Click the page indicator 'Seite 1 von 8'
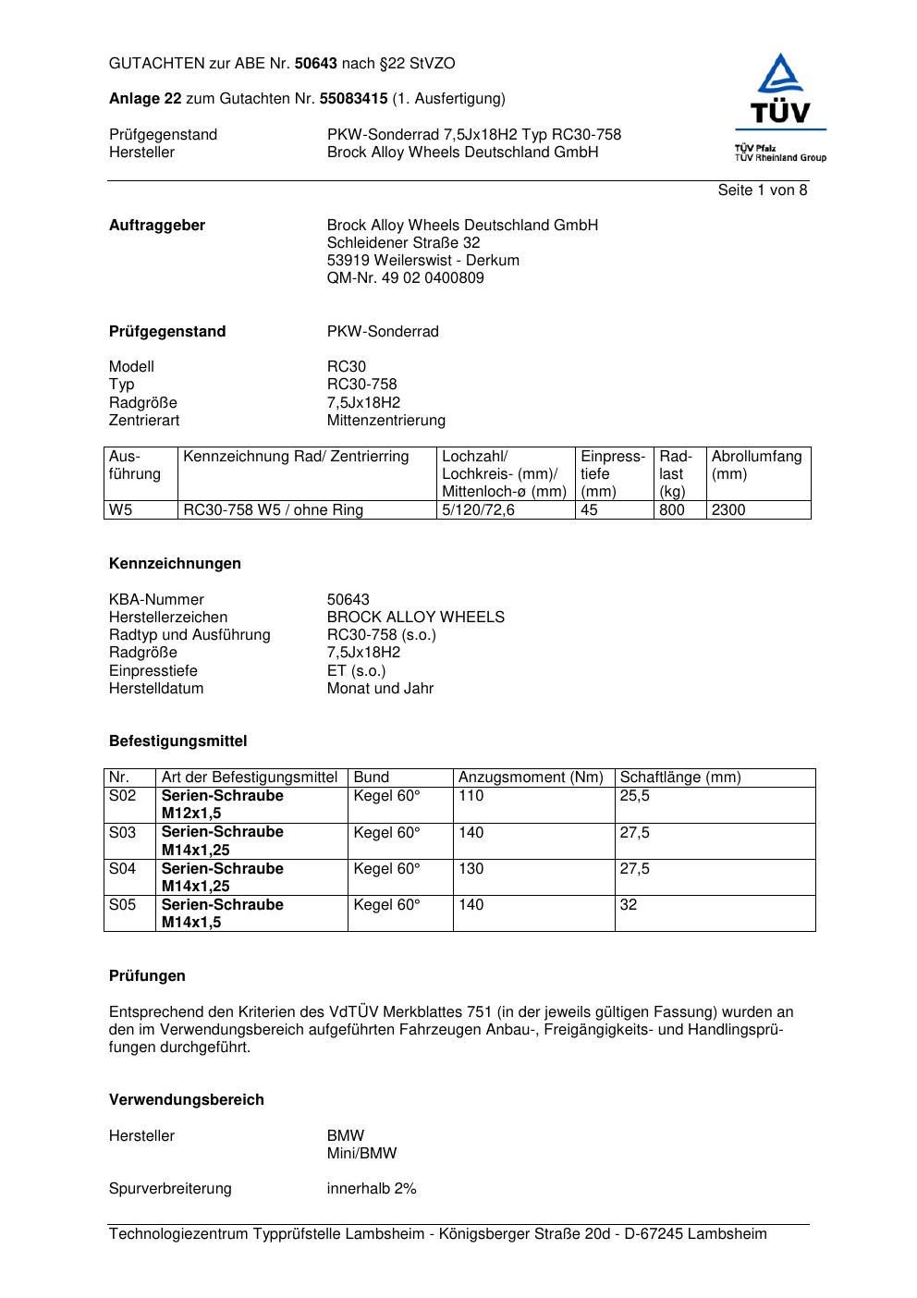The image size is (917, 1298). (762, 190)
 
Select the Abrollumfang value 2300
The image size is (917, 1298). (728, 510)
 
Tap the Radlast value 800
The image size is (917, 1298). (672, 510)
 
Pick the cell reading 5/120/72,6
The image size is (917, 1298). (478, 510)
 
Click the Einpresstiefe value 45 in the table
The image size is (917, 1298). (589, 510)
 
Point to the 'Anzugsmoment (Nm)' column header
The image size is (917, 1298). (531, 778)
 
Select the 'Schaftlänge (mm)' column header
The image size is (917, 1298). (680, 778)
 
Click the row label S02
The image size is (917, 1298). (122, 796)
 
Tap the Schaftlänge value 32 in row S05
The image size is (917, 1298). (629, 905)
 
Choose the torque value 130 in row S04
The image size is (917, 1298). (471, 869)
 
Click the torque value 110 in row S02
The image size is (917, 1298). (471, 796)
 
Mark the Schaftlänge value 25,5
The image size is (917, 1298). (634, 796)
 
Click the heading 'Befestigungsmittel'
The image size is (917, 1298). (177, 741)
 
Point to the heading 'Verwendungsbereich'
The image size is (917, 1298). (187, 1100)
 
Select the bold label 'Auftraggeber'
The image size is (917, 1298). (157, 226)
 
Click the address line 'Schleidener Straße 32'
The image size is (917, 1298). (403, 243)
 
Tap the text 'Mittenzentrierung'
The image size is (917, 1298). (385, 421)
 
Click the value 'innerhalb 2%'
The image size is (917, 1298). (372, 1189)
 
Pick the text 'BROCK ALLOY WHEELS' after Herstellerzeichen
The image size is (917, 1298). (415, 618)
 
